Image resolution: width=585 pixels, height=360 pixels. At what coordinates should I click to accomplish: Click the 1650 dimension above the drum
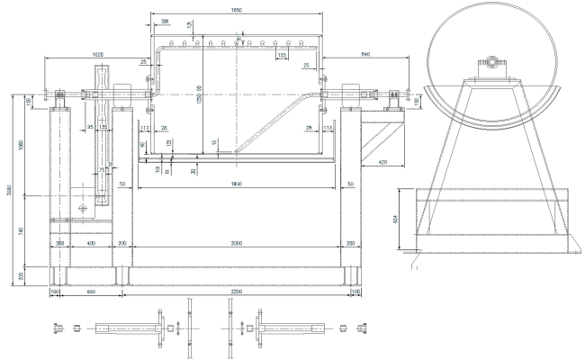pyautogui.click(x=236, y=9)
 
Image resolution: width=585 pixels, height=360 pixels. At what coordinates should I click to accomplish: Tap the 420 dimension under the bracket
pyautogui.click(x=382, y=162)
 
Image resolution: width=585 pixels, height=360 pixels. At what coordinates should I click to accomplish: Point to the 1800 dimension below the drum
pyautogui.click(x=236, y=184)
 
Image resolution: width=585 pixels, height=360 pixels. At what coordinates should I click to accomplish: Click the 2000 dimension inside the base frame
pyautogui.click(x=236, y=243)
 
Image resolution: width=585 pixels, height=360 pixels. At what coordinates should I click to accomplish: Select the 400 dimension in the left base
pyautogui.click(x=91, y=243)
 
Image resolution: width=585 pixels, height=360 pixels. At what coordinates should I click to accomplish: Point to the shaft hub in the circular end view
pyautogui.click(x=491, y=62)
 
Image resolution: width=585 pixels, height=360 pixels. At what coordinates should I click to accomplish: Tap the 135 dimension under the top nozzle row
pyautogui.click(x=282, y=56)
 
